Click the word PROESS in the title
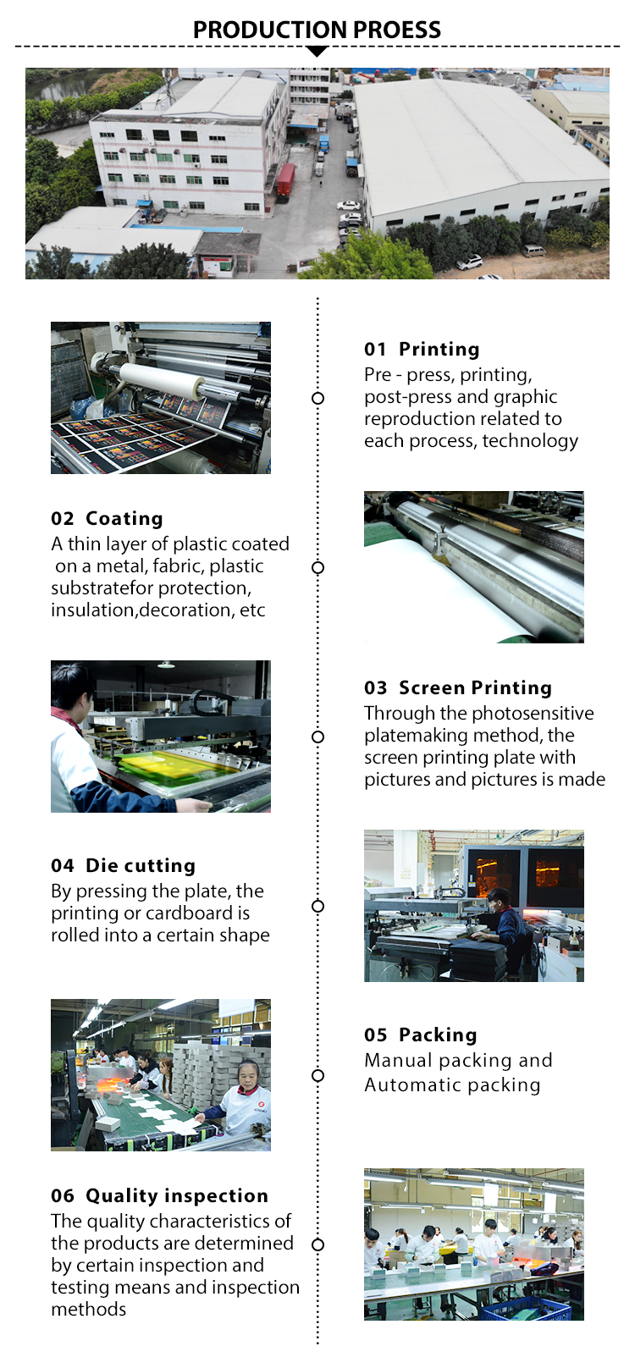pyautogui.click(x=397, y=30)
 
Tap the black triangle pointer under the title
pyautogui.click(x=317, y=52)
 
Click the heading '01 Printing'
pyautogui.click(x=422, y=349)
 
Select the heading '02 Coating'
pyautogui.click(x=107, y=518)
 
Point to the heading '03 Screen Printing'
pyautogui.click(x=458, y=687)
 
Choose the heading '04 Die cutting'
pyautogui.click(x=123, y=865)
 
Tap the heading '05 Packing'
pyautogui.click(x=421, y=1035)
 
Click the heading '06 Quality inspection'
pyautogui.click(x=159, y=1195)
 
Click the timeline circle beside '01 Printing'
pyautogui.click(x=317, y=398)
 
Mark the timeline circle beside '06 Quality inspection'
pyautogui.click(x=317, y=1244)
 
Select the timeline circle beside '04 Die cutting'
pyautogui.click(x=317, y=906)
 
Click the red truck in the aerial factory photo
pyautogui.click(x=286, y=181)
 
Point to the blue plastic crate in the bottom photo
pyautogui.click(x=525, y=1308)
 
